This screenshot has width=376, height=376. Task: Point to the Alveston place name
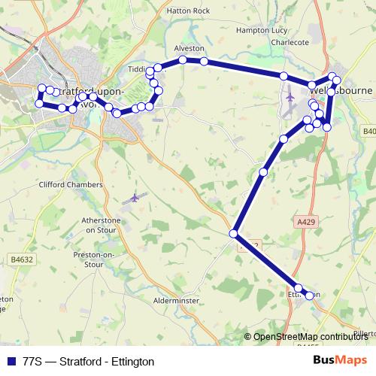[189, 47]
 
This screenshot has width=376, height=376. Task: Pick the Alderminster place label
[176, 299]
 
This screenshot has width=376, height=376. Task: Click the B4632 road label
[23, 259]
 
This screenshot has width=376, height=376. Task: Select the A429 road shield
[306, 223]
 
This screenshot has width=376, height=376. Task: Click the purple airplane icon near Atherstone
[134, 199]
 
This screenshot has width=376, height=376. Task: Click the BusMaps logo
[339, 361]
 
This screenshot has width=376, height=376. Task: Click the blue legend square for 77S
[9, 362]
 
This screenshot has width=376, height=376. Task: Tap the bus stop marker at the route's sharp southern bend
[235, 233]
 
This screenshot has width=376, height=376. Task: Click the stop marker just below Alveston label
[183, 59]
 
